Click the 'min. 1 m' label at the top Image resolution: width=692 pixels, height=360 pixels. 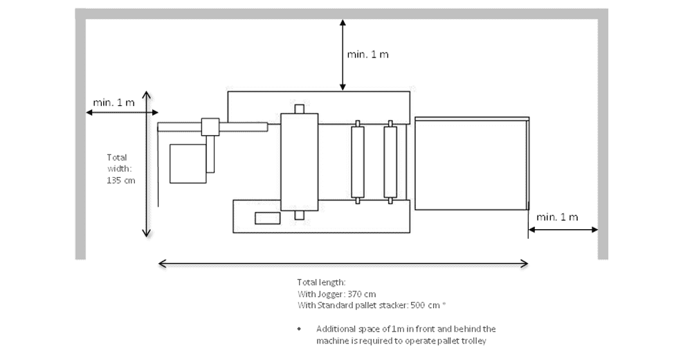click(367, 55)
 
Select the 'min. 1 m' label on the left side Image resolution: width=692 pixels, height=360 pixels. click(114, 102)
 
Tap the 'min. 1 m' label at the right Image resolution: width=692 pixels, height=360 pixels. click(557, 217)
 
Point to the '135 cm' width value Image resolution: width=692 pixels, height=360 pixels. click(121, 181)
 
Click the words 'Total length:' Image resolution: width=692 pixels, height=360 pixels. click(320, 282)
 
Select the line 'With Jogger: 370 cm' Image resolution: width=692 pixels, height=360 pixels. click(336, 294)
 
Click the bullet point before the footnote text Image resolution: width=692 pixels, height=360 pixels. click(300, 329)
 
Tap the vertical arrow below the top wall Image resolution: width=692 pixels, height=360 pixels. click(342, 55)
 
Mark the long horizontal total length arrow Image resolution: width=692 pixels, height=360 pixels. click(343, 263)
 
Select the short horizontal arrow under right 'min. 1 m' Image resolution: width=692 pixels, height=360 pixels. click(563, 230)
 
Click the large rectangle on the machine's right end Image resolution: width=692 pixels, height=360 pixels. click(471, 163)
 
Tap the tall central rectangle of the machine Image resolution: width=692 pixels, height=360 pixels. click(299, 161)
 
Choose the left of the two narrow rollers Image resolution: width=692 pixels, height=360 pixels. click(357, 162)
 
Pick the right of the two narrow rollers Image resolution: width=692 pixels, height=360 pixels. click(390, 162)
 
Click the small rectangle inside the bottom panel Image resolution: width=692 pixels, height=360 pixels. click(267, 218)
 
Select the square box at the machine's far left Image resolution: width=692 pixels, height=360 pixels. click(188, 163)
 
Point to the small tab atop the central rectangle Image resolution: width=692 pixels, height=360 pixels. click(299, 109)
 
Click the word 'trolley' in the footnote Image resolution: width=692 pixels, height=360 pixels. click(483, 341)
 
